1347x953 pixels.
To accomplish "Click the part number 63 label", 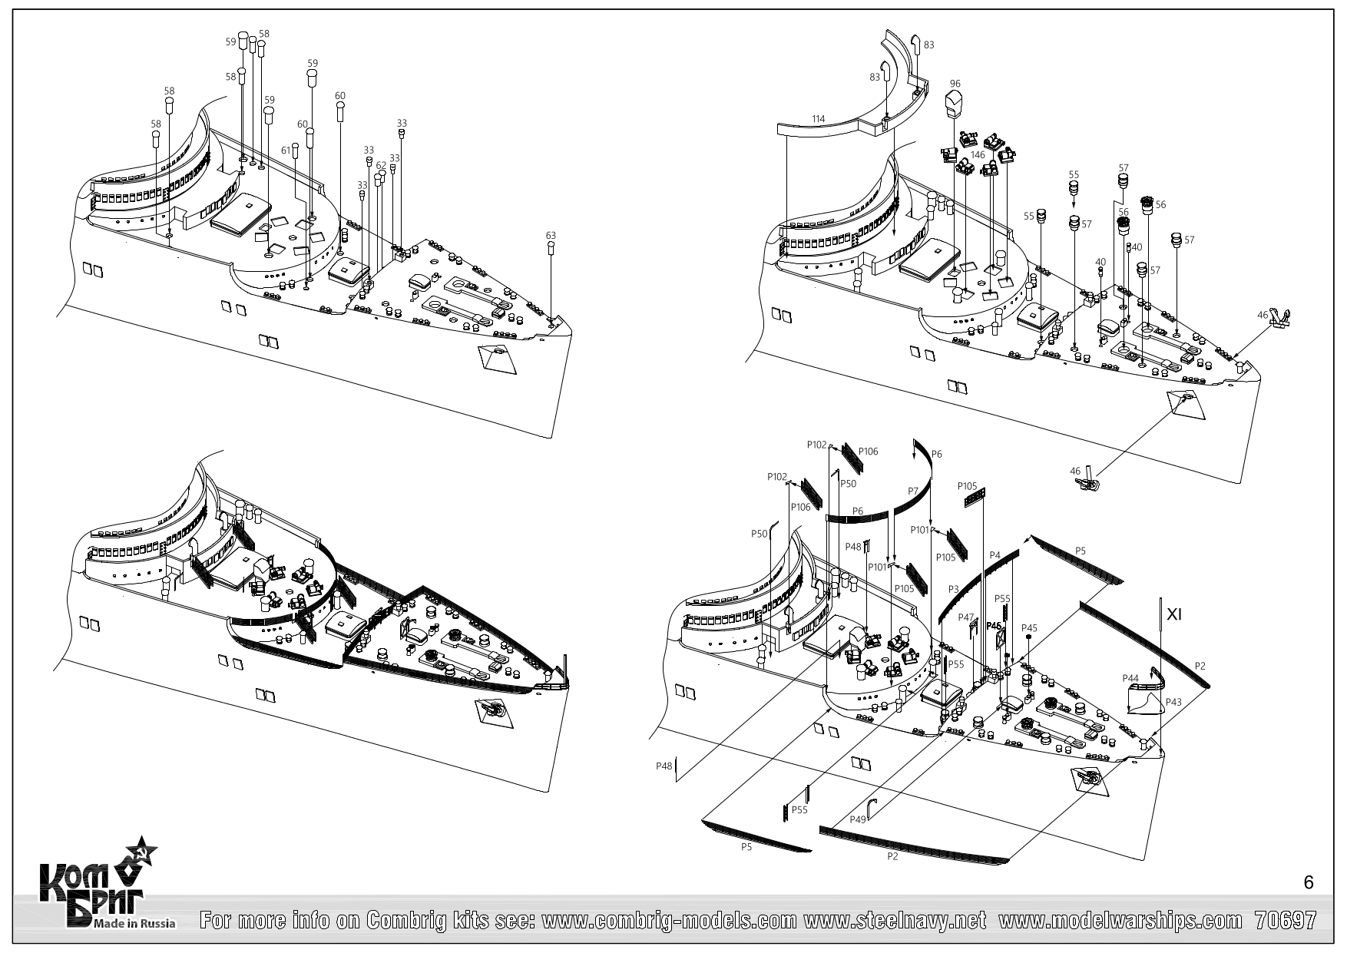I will pyautogui.click(x=551, y=235).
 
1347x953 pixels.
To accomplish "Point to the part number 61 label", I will pyautogui.click(x=286, y=149).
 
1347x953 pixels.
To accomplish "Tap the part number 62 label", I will pyautogui.click(x=381, y=165).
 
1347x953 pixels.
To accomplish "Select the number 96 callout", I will pyautogui.click(x=955, y=84).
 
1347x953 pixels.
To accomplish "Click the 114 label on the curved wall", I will pyautogui.click(x=819, y=119).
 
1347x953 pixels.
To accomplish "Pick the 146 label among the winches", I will pyautogui.click(x=977, y=154).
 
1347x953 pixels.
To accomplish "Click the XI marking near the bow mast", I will pyautogui.click(x=1173, y=614).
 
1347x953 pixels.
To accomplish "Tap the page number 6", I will pyautogui.click(x=1309, y=883).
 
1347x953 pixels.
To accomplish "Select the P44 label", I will pyautogui.click(x=1130, y=678).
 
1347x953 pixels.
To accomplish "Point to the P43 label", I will pyautogui.click(x=1173, y=701).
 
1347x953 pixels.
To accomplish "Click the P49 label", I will pyautogui.click(x=859, y=820).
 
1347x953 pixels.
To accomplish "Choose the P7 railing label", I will pyautogui.click(x=913, y=490).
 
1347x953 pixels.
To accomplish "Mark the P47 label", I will pyautogui.click(x=965, y=617).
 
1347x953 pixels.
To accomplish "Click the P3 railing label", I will pyautogui.click(x=953, y=588).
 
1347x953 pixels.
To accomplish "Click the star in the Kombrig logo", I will pyautogui.click(x=141, y=852).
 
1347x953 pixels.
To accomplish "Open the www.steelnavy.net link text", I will pyautogui.click(x=895, y=920).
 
